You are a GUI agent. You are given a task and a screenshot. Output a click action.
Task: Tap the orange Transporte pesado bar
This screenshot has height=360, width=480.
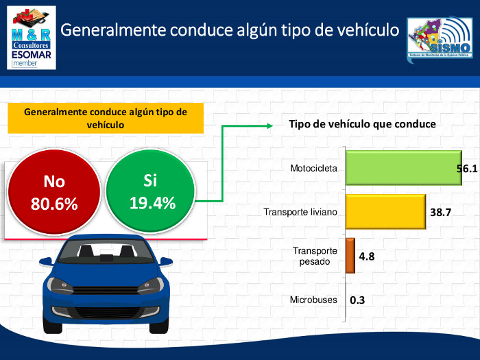tap(350, 256)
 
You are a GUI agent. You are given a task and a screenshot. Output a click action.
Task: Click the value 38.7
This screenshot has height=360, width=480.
tap(441, 213)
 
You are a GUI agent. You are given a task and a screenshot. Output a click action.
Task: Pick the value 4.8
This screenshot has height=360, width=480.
tap(368, 256)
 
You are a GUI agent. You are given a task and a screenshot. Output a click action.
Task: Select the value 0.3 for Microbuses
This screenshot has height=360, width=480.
tap(357, 300)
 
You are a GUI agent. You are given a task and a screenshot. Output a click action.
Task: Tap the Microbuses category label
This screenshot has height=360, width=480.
tap(313, 300)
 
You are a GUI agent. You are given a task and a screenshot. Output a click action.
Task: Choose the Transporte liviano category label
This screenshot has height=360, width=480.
tap(300, 213)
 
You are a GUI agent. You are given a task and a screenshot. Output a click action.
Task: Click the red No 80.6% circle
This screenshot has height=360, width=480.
tap(54, 193)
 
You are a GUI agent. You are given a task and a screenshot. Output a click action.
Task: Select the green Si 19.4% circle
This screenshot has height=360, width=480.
tap(151, 191)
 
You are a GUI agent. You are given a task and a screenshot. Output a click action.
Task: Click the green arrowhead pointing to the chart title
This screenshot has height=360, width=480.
tap(269, 125)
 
